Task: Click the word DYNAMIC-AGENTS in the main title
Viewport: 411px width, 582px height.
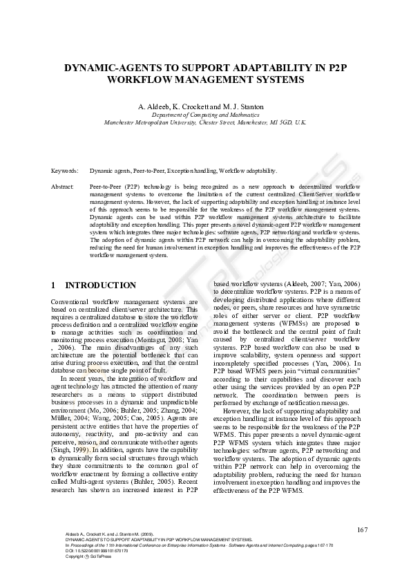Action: click(x=110, y=69)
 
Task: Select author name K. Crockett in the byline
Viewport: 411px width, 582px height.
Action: click(x=187, y=106)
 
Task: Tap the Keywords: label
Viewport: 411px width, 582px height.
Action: click(x=65, y=170)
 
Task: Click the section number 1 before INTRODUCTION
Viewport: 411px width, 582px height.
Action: click(x=54, y=285)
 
